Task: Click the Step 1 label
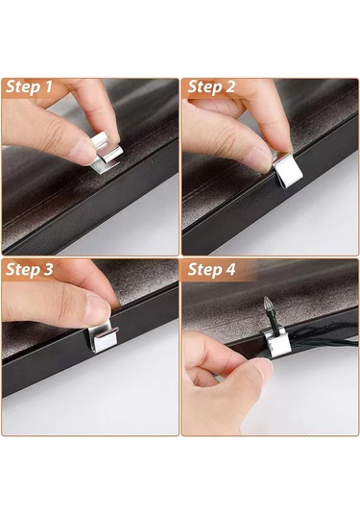[x=29, y=87]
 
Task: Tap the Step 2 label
[x=211, y=87]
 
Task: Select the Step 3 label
[x=29, y=269]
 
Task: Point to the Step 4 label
[x=211, y=270]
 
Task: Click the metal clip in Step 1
[x=107, y=153]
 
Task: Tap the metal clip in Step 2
[x=287, y=170]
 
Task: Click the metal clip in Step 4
[x=276, y=344]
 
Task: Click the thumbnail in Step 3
[x=98, y=308]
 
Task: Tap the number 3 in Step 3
[x=47, y=269]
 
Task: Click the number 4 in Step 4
[x=230, y=270]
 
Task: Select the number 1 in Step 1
[x=48, y=87]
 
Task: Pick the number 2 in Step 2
[x=230, y=87]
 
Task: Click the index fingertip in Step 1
[x=109, y=130]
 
